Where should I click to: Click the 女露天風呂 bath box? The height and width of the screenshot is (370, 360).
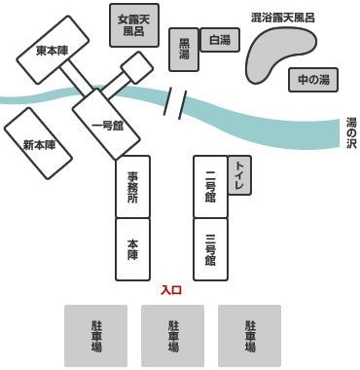(x=134, y=25)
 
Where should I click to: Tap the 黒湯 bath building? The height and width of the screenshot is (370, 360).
(x=184, y=50)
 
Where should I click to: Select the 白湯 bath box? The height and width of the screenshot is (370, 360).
(x=220, y=40)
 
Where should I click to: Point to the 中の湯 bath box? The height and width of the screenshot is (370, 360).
(x=313, y=80)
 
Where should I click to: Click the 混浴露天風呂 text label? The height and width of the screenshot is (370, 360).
(x=283, y=18)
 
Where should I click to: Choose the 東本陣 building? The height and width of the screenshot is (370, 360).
(x=53, y=50)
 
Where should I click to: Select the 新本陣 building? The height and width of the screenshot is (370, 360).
(x=38, y=143)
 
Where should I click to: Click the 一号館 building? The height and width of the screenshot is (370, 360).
(x=106, y=125)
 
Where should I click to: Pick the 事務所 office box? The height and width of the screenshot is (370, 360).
(x=133, y=187)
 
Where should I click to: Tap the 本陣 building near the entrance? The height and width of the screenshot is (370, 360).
(x=133, y=249)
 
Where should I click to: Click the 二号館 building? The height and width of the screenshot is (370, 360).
(x=210, y=187)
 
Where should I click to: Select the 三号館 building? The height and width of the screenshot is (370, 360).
(x=210, y=249)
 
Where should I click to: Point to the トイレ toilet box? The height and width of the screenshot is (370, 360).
(x=239, y=175)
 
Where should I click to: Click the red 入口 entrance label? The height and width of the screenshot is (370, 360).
(x=171, y=290)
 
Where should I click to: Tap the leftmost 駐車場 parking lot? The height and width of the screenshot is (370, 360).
(x=95, y=336)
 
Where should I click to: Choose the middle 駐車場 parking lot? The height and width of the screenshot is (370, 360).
(x=172, y=336)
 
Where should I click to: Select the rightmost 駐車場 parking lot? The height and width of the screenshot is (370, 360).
(x=249, y=336)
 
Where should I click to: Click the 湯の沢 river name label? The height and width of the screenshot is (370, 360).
(x=351, y=133)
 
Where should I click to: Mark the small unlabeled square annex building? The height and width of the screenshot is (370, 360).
(x=137, y=67)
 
